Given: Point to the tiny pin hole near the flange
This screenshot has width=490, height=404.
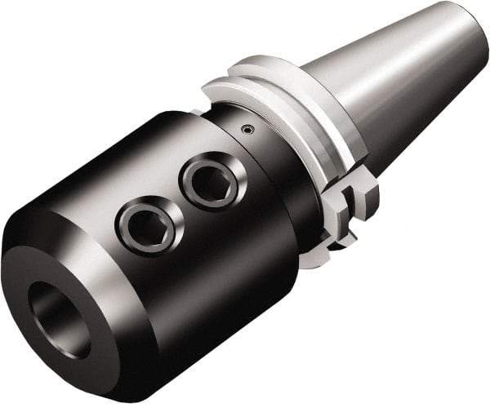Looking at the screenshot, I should [247, 128].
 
